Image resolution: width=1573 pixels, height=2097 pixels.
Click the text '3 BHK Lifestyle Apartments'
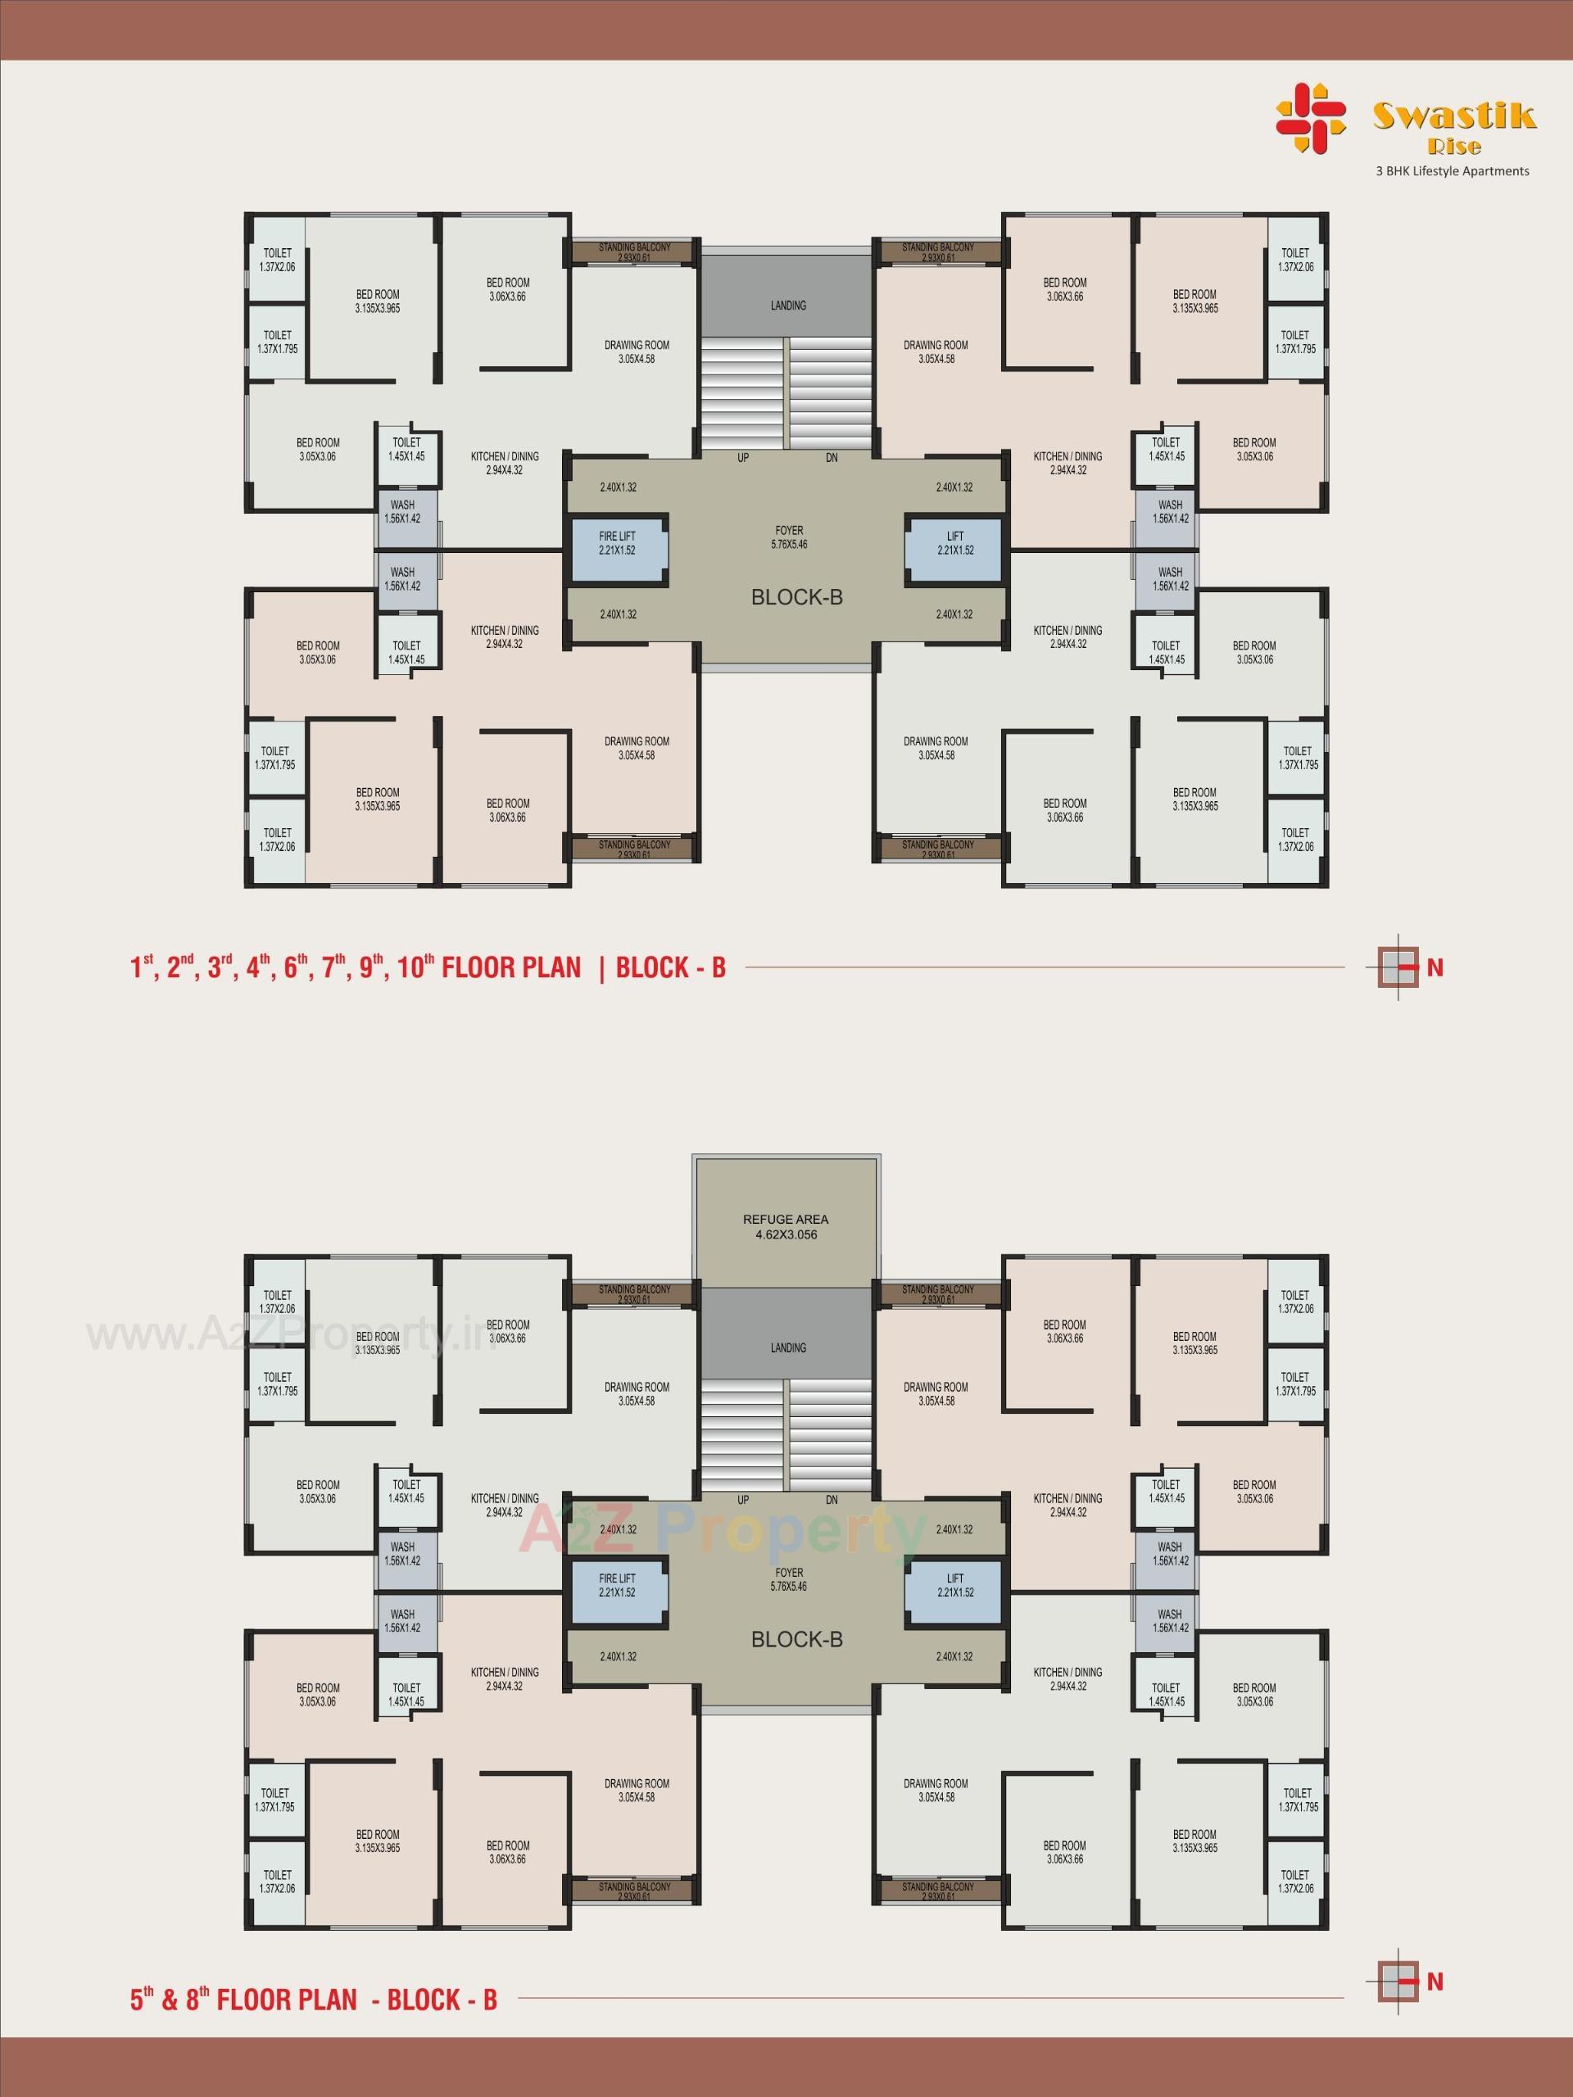click(1452, 171)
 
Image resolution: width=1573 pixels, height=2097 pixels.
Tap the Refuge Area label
click(786, 1227)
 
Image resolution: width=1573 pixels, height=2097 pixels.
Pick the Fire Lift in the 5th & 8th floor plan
click(617, 1585)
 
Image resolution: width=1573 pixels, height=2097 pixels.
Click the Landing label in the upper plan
click(788, 306)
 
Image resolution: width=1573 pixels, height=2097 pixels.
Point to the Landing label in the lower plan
click(788, 1347)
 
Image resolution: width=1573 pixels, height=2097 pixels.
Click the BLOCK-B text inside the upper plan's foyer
click(796, 597)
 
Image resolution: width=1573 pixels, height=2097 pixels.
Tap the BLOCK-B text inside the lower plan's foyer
click(796, 1639)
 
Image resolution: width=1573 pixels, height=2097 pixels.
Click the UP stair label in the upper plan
click(743, 458)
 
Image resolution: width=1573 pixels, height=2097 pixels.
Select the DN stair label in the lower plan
click(832, 1500)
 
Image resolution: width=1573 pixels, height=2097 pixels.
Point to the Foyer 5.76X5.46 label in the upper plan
click(789, 537)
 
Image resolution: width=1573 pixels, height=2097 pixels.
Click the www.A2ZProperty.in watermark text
click(284, 1336)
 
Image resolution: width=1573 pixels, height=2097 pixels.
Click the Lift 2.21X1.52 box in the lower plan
click(954, 1585)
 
